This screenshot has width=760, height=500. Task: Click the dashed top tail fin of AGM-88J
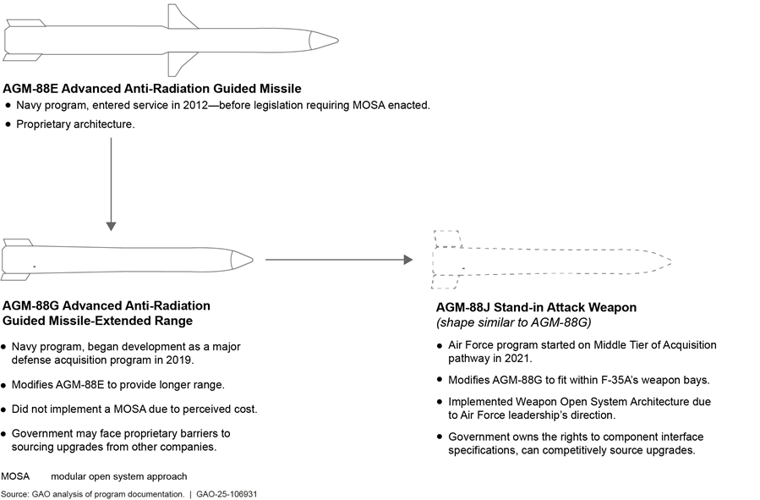click(x=447, y=238)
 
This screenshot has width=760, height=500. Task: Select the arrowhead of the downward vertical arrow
click(x=111, y=225)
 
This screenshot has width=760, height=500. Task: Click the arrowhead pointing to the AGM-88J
click(x=407, y=259)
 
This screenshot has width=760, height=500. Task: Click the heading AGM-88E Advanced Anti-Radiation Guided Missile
click(x=152, y=88)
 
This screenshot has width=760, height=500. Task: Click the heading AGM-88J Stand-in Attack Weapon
click(x=536, y=307)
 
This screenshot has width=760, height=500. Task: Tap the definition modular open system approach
click(x=118, y=476)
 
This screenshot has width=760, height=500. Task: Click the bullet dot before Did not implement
click(x=6, y=409)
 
